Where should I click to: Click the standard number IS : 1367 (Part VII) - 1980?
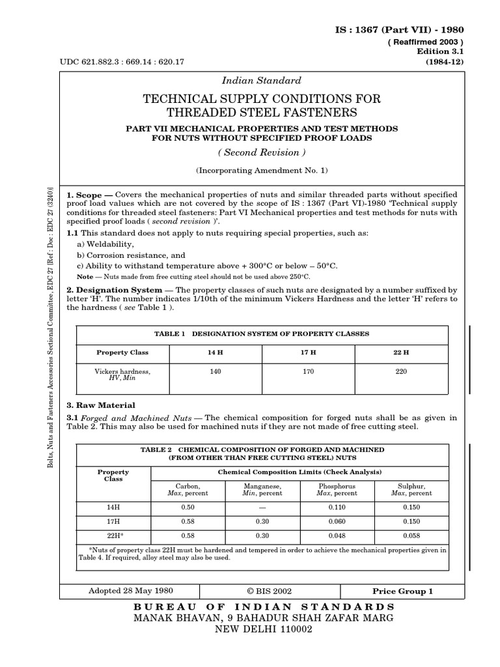click(x=399, y=30)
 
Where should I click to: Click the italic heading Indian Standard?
click(x=262, y=81)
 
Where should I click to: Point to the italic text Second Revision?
click(x=262, y=152)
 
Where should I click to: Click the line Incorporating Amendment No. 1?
click(x=262, y=170)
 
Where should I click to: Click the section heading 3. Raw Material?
click(x=101, y=405)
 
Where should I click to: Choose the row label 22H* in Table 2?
click(x=113, y=535)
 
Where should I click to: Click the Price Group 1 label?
click(x=402, y=591)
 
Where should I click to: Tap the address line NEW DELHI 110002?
click(x=264, y=630)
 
